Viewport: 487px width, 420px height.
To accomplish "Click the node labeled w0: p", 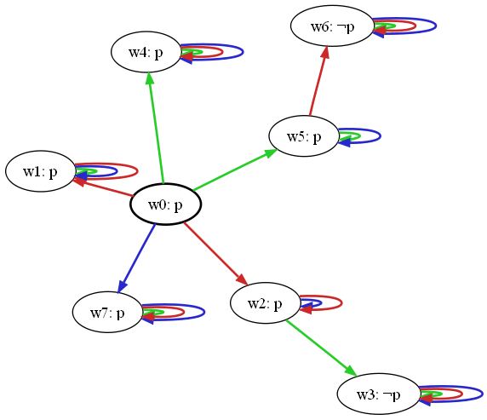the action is coord(165,204).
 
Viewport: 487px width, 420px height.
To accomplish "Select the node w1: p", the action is coord(40,171).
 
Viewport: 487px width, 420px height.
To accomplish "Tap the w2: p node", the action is coord(265,303).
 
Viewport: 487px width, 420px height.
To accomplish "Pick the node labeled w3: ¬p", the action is coord(378,394).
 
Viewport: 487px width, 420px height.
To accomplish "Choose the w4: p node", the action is coord(146,52).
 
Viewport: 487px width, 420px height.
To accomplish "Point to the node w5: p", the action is coord(304,136).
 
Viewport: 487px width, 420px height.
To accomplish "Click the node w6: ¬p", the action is coord(332,26).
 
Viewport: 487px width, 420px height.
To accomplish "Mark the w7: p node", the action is coord(107,312).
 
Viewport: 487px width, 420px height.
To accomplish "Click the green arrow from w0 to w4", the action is coord(156,128).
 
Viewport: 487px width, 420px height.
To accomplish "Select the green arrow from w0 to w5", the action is coord(235,170).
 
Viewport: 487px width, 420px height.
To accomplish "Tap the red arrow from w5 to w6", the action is coord(318,81).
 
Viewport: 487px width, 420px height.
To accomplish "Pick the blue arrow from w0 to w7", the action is coord(136,258).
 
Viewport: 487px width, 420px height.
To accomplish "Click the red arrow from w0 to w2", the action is coord(216,254).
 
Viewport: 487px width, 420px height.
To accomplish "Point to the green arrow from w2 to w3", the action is coord(321,348).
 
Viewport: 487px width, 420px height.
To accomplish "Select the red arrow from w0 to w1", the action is coord(103,187).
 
